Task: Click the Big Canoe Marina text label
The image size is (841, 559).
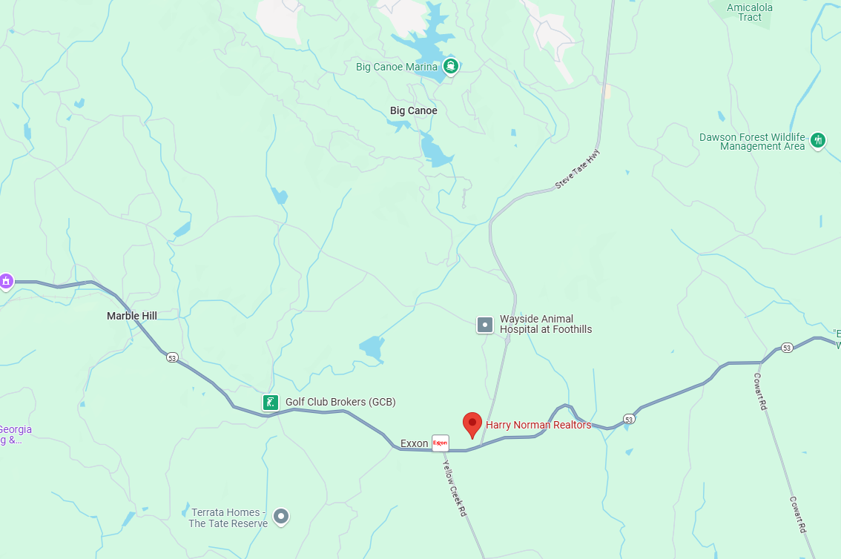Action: (397, 67)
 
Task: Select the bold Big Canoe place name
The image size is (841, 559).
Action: (414, 110)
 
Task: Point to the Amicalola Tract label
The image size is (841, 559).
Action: (749, 12)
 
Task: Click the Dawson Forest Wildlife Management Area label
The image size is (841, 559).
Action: (752, 142)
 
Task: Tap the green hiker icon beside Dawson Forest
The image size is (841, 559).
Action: (818, 140)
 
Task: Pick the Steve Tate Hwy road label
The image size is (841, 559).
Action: (578, 170)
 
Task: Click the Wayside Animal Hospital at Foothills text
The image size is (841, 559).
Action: (546, 324)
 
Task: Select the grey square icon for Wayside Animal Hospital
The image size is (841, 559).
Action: (485, 324)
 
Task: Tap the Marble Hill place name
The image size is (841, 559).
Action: (132, 316)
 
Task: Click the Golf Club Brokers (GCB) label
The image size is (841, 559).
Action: (340, 402)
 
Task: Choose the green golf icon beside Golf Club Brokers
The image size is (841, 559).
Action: (271, 403)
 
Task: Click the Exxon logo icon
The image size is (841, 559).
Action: (441, 443)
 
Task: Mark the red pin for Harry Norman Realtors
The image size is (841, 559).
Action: (472, 425)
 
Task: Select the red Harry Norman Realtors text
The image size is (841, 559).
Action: (538, 425)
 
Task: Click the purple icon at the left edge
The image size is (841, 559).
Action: (6, 281)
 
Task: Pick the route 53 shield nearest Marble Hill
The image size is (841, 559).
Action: (172, 357)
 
